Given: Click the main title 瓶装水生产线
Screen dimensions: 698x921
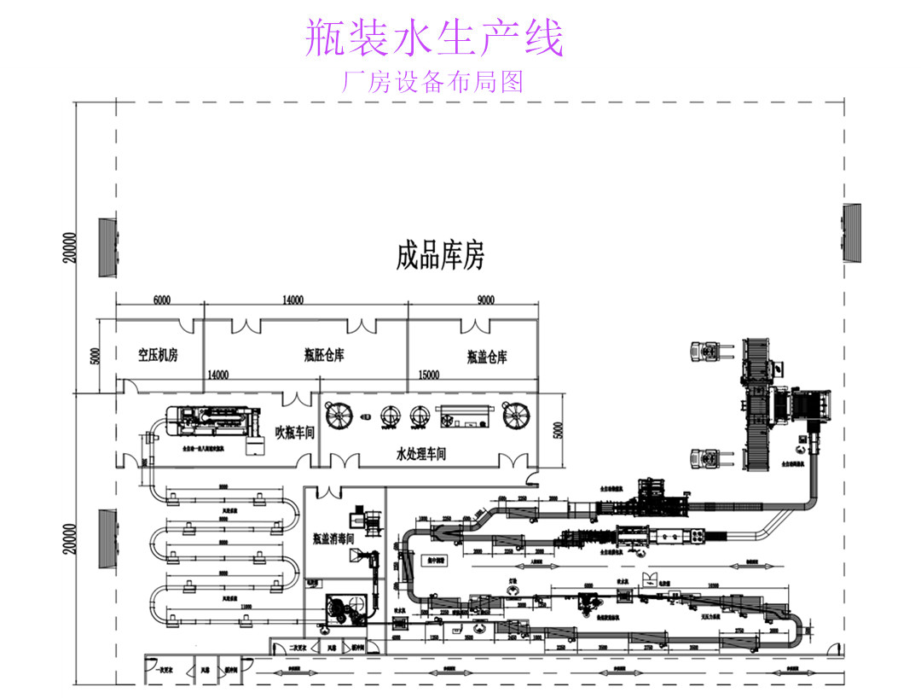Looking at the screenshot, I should click(x=435, y=39).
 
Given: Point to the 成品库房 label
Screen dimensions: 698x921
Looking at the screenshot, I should click(x=440, y=255).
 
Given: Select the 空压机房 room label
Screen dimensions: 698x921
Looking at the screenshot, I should click(x=158, y=355).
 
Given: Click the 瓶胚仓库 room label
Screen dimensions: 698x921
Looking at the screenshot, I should click(x=324, y=355).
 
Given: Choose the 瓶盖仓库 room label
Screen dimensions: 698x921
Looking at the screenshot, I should click(x=486, y=357).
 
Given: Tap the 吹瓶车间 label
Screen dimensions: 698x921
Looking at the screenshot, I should click(x=295, y=433).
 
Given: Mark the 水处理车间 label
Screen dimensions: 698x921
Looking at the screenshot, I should click(x=421, y=454).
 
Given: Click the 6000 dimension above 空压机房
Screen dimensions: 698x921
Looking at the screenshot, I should click(x=161, y=300).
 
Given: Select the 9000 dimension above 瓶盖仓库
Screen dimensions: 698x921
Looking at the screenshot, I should click(x=486, y=300).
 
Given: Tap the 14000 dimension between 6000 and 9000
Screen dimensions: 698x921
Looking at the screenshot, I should click(x=293, y=300).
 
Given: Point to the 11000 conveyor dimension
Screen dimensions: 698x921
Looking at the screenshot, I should click(x=246, y=606).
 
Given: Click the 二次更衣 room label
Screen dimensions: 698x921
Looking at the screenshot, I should click(x=298, y=647).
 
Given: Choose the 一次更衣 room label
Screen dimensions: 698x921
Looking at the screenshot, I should click(x=165, y=671).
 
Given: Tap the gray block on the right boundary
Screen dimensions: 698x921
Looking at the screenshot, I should click(x=852, y=234).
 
